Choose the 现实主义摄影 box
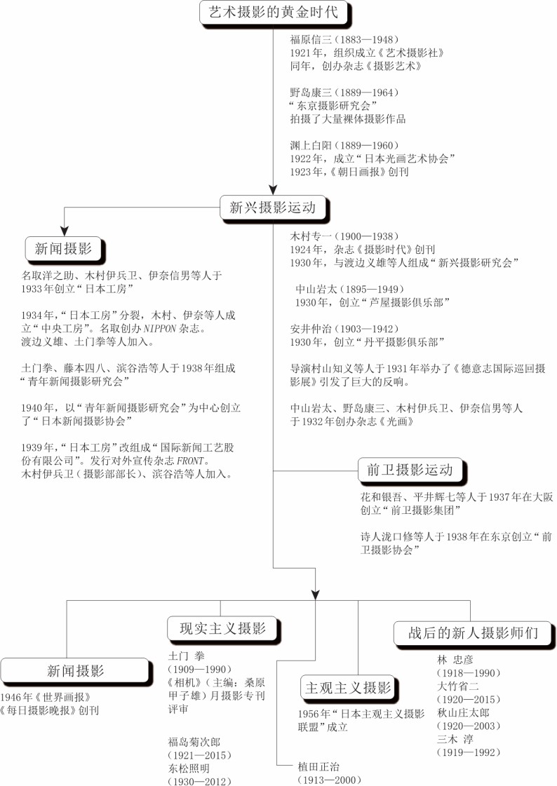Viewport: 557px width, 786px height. pos(222,628)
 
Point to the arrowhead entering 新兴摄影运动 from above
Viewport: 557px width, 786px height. pos(273,190)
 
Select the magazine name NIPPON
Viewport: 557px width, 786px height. pos(160,329)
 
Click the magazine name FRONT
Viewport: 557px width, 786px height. pos(191,461)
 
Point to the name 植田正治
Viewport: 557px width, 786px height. pos(318,766)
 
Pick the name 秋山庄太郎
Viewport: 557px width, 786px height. pos(463,713)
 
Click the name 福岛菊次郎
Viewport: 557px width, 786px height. pos(194,742)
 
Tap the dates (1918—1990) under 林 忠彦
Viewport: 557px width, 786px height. pos(469,672)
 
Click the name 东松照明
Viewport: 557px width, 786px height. pos(189,768)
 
